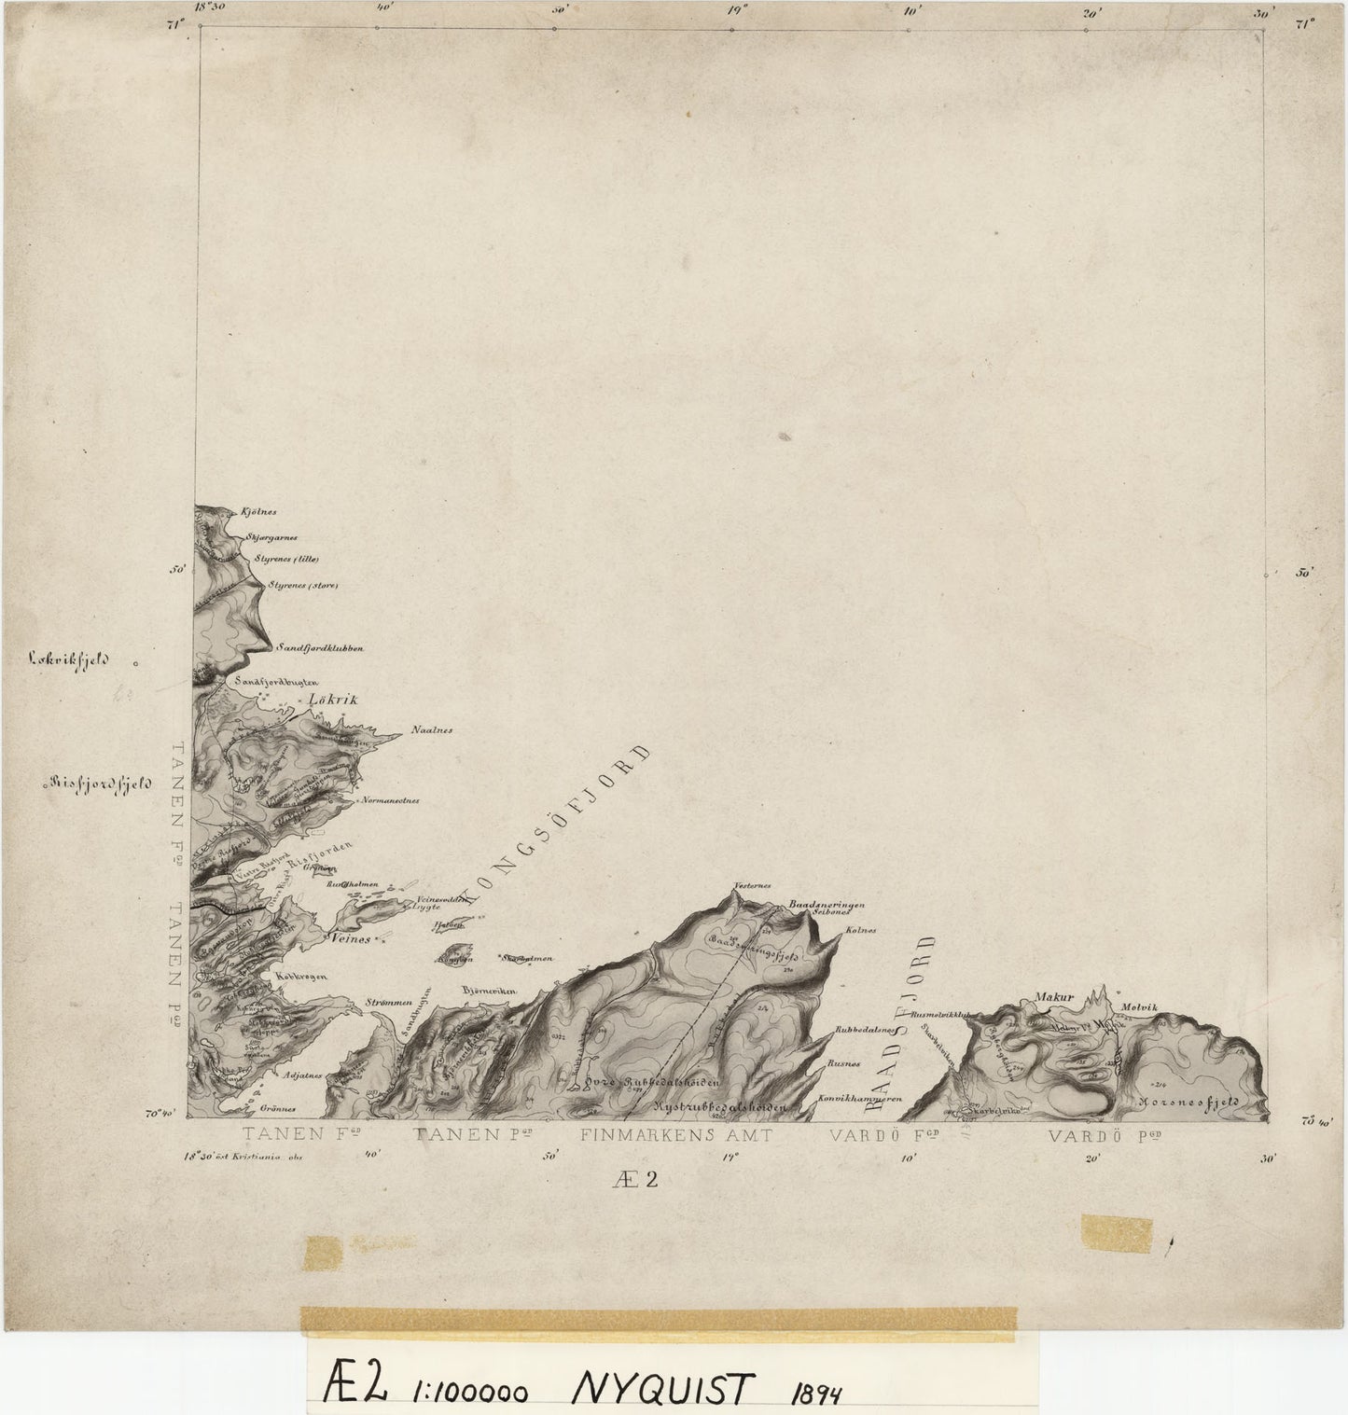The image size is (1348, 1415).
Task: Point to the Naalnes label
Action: coord(432,730)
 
